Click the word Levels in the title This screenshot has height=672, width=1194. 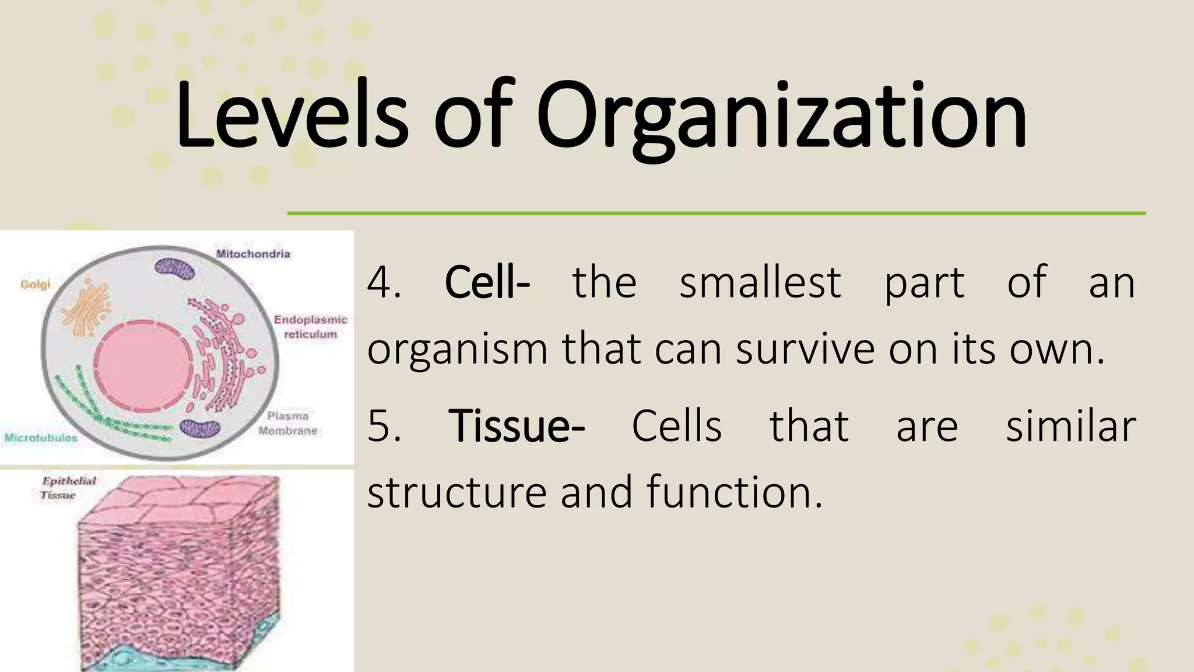(x=292, y=117)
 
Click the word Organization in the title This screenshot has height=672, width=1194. (x=781, y=117)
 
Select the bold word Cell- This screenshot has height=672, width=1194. (x=487, y=283)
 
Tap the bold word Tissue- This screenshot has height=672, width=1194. (x=517, y=426)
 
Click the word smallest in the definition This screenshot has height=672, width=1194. (x=760, y=283)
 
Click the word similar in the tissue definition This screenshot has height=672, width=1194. (x=1071, y=426)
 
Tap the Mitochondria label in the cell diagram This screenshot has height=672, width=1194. (x=253, y=254)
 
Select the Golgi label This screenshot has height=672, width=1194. (x=36, y=285)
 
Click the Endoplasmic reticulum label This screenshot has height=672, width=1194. (x=310, y=327)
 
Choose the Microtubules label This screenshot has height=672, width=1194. (x=41, y=437)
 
